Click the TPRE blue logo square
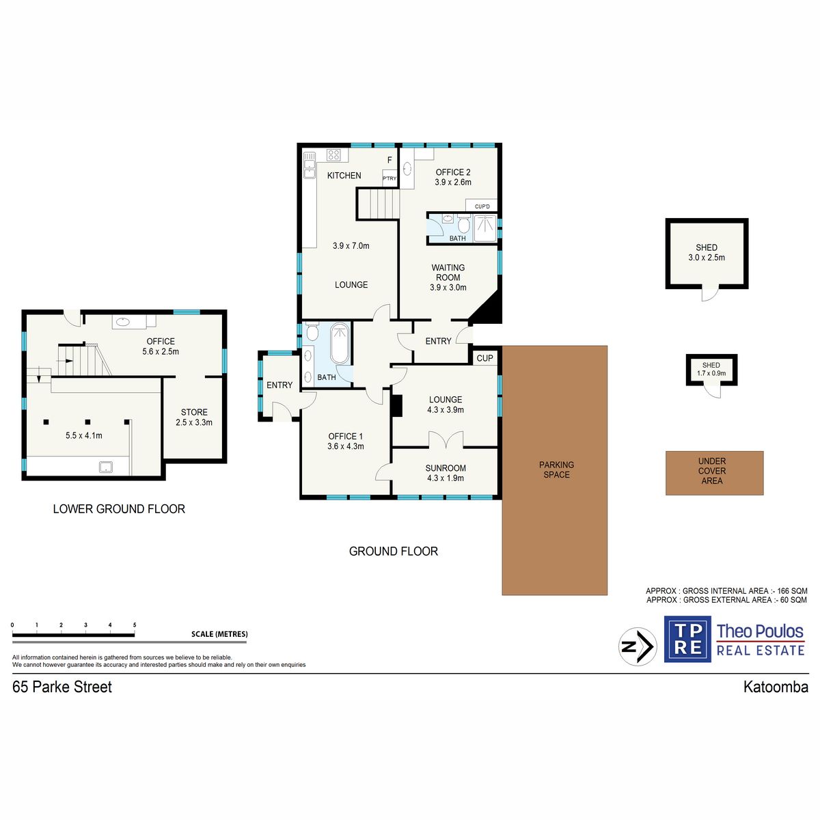(687, 639)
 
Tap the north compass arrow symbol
(638, 646)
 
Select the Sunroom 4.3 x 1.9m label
(446, 473)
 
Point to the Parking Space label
(556, 469)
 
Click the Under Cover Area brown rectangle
(714, 473)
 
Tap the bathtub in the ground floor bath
(340, 344)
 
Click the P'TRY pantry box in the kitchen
(389, 178)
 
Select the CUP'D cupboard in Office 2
(482, 206)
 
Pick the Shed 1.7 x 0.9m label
(711, 369)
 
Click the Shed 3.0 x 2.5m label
(707, 252)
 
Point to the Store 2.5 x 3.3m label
(194, 417)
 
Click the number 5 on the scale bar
(135, 625)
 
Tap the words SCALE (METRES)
(219, 634)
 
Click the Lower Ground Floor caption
(119, 509)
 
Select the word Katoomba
(776, 687)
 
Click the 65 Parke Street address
(62, 687)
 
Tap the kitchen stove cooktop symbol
(333, 154)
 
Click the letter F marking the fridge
(389, 161)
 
